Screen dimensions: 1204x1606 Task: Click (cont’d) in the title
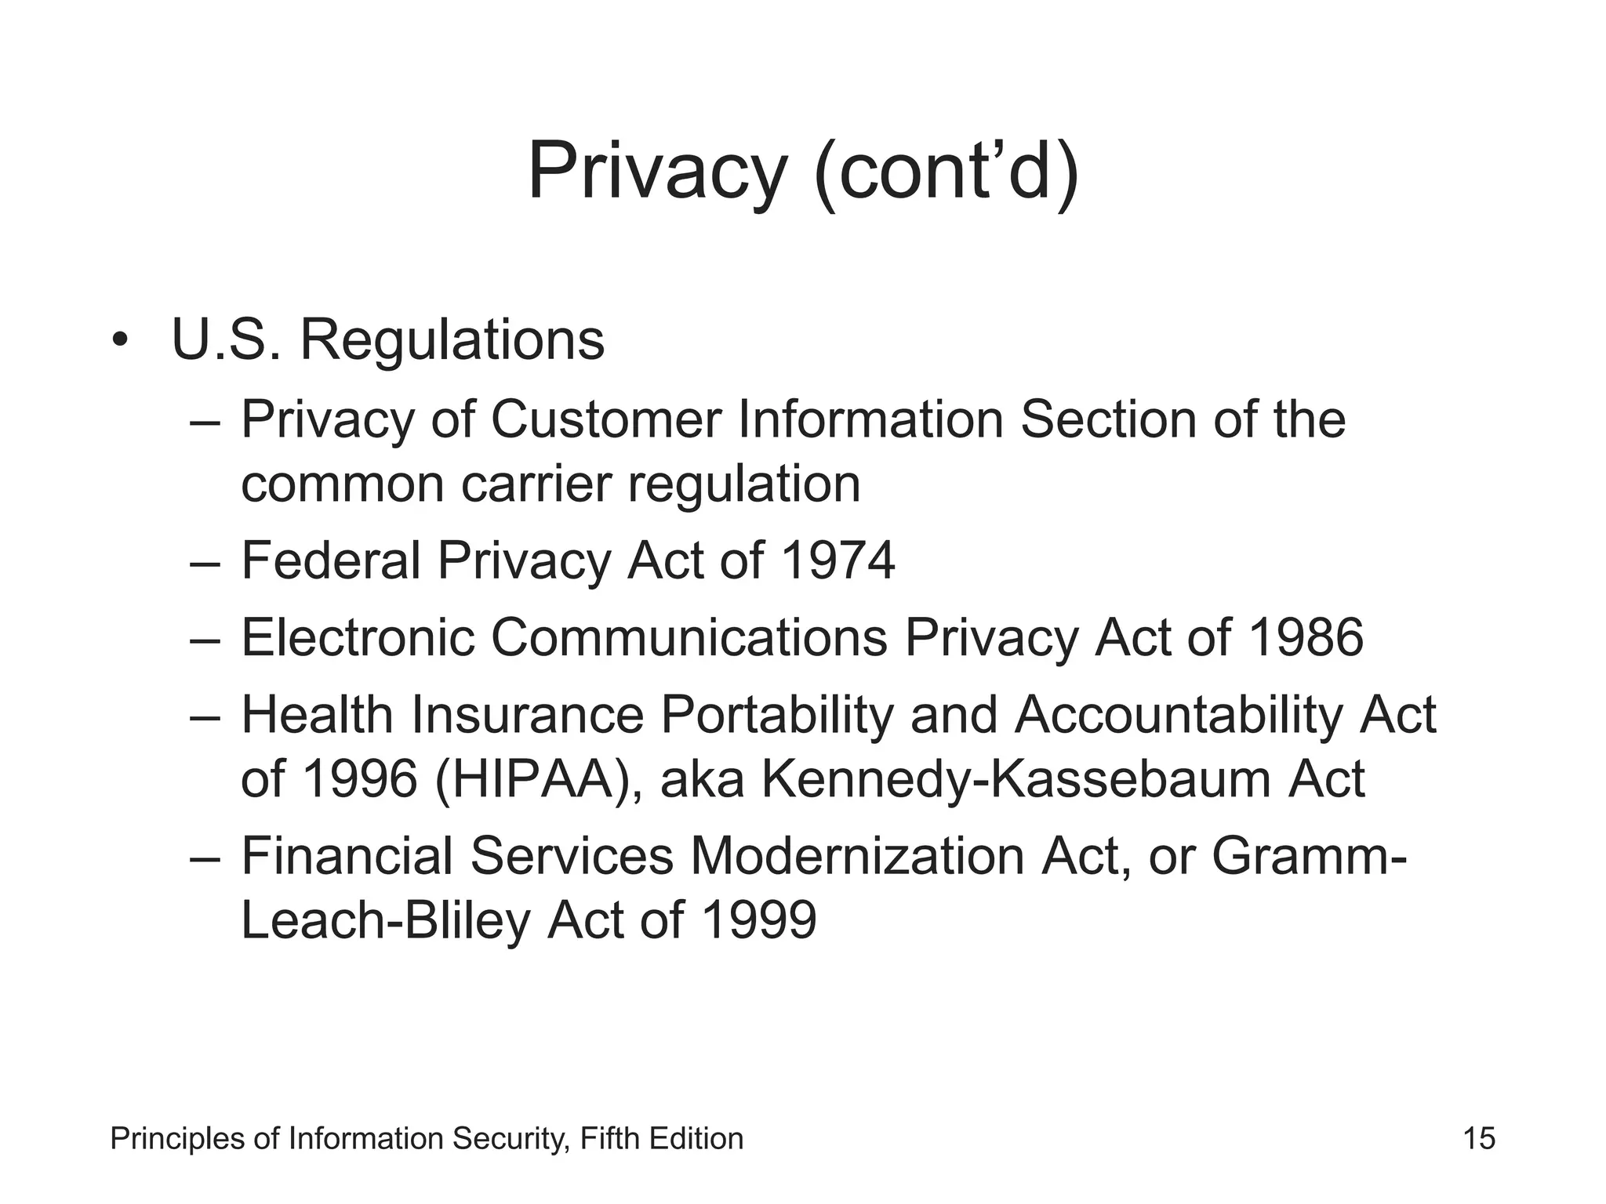[947, 173]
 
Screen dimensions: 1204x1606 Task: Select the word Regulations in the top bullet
[452, 342]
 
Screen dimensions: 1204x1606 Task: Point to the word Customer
[606, 420]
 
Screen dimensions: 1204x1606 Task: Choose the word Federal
[331, 560]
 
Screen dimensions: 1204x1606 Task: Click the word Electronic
[358, 637]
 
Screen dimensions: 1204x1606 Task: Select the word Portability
[776, 716]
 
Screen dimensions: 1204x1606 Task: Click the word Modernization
[857, 856]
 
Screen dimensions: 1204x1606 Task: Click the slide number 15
[1479, 1138]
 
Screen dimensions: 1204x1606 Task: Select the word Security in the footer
[511, 1139]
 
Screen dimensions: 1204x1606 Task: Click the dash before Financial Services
[205, 858]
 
